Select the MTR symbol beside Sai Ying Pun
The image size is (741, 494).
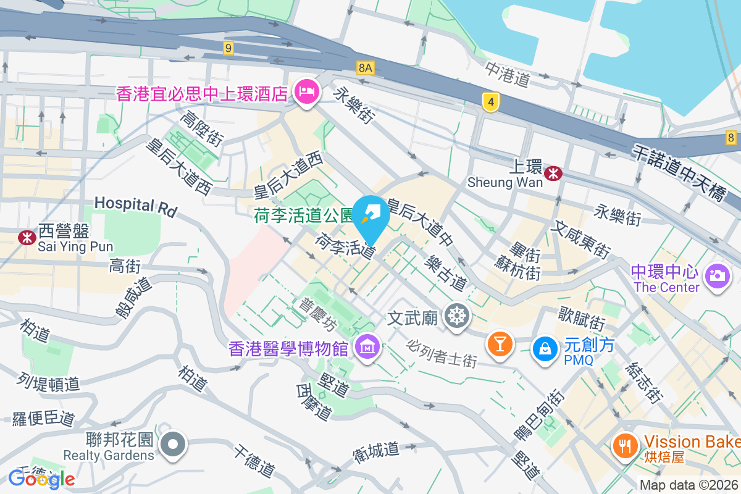tap(27, 237)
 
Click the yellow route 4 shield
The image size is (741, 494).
tap(490, 102)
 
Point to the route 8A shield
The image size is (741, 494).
tap(365, 67)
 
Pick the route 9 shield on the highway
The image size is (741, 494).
tap(228, 48)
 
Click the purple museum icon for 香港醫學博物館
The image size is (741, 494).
tap(369, 348)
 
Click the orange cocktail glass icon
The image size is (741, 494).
tap(500, 342)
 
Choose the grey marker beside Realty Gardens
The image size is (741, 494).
tap(173, 444)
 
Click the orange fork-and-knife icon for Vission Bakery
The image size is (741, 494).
tap(626, 445)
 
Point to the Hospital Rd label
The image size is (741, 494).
tap(136, 206)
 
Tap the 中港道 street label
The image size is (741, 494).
tap(508, 74)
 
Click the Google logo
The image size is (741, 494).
tap(41, 479)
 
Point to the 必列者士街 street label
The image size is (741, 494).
tap(442, 353)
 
